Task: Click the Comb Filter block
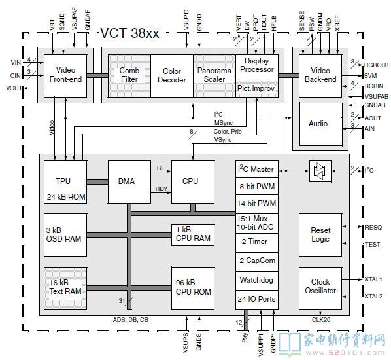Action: tap(129, 75)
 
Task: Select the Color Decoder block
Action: tap(172, 75)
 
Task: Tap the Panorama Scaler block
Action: tap(214, 75)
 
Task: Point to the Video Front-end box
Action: tap(65, 76)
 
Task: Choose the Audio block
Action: tap(320, 124)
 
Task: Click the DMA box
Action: tap(129, 182)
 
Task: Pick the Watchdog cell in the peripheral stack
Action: tap(257, 280)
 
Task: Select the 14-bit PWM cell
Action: tap(257, 204)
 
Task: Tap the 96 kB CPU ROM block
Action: tap(193, 288)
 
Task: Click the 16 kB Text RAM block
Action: tap(65, 288)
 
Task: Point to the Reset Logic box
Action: tap(320, 235)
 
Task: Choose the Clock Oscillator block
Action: tap(320, 288)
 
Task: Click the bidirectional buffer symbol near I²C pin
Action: tap(320, 171)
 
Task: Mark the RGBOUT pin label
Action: tap(377, 65)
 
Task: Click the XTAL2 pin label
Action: tap(373, 297)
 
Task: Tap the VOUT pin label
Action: tap(14, 88)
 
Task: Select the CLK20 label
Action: tap(321, 320)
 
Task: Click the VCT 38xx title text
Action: tap(129, 33)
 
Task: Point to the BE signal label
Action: tap(161, 168)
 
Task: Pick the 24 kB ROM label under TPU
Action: tap(66, 197)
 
